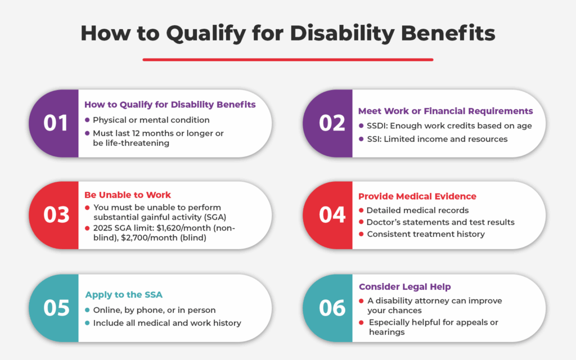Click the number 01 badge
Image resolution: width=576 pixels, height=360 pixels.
point(56,123)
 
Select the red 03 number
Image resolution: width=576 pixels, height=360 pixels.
point(56,215)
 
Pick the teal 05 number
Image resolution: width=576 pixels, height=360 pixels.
point(56,307)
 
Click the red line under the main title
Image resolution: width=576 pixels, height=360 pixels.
point(288,59)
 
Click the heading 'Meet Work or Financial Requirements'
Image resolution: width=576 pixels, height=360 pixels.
point(445,111)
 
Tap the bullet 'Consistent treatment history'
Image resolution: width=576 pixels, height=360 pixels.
point(425,234)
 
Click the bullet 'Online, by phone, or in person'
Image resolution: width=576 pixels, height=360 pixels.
point(154,310)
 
